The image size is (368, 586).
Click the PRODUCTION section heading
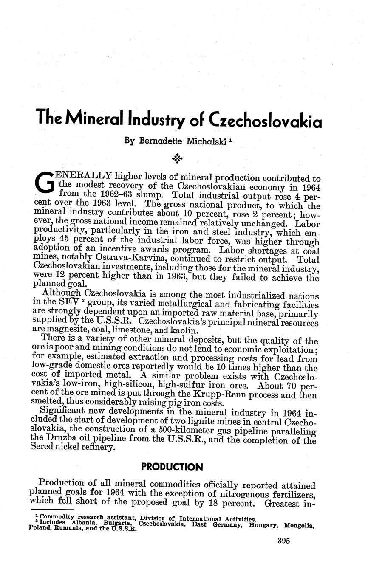coord(172,467)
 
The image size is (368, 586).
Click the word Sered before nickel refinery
coord(44,448)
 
